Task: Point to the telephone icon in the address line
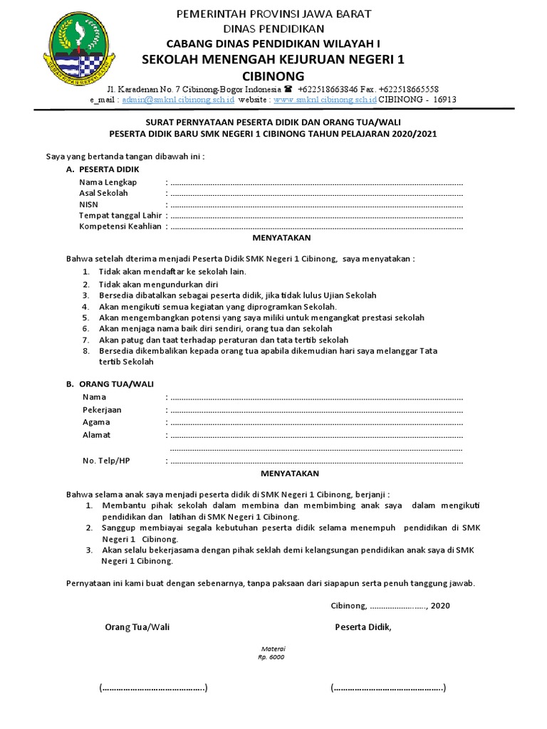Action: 288,90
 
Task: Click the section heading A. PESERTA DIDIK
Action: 103,169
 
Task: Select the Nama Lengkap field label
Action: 108,182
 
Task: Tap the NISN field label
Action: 89,204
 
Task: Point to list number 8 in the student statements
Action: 85,351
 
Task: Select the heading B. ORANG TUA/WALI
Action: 105,384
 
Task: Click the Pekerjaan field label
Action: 102,409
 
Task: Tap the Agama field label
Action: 96,422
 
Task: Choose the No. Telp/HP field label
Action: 106,461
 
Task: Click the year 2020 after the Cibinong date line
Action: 441,606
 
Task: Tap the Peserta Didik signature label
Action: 363,627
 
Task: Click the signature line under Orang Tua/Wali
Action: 153,688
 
